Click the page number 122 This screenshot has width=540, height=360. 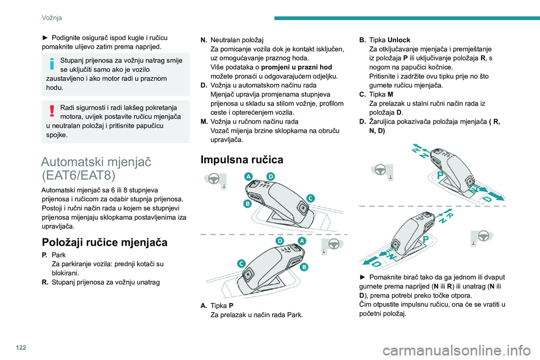tap(21, 347)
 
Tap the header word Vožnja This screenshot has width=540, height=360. tap(52, 17)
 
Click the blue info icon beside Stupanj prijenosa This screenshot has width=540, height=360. tap(52, 64)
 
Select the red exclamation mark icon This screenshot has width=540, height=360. tap(52, 111)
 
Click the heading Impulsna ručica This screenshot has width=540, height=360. tap(242, 160)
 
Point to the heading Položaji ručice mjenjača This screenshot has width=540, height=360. tap(105, 242)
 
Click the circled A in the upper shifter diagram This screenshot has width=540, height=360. tap(248, 177)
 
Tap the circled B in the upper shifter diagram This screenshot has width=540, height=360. tap(247, 204)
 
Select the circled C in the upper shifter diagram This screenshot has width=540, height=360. tap(310, 199)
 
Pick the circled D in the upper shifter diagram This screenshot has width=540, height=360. tap(271, 177)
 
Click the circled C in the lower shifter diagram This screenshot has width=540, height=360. tap(241, 264)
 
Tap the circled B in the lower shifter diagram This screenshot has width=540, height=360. tap(304, 267)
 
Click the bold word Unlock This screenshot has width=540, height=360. tap(399, 40)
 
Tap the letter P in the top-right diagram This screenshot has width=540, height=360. tap(440, 175)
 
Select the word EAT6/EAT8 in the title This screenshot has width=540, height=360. tap(79, 175)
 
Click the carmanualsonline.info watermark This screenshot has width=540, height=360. tap(457, 351)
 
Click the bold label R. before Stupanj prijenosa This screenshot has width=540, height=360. tap(45, 282)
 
